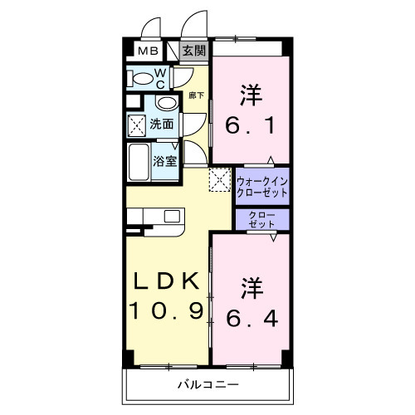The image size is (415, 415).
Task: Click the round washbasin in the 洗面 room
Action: pos(166,105)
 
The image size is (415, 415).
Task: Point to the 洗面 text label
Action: pos(162,124)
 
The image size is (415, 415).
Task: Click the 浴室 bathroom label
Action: pos(164,161)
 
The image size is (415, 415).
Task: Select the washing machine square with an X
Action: pos(137,125)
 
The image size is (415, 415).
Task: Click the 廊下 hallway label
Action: pos(196,95)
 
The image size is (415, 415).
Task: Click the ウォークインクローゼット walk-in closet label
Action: pos(261,186)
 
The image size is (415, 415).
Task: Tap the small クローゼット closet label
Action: pos(262,220)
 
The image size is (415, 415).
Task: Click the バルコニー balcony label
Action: pos(207,386)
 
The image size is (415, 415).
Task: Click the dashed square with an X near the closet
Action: pos(218,180)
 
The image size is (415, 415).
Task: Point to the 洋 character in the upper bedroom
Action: pos(250,94)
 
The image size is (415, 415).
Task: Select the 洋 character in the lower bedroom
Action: pos(251,286)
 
